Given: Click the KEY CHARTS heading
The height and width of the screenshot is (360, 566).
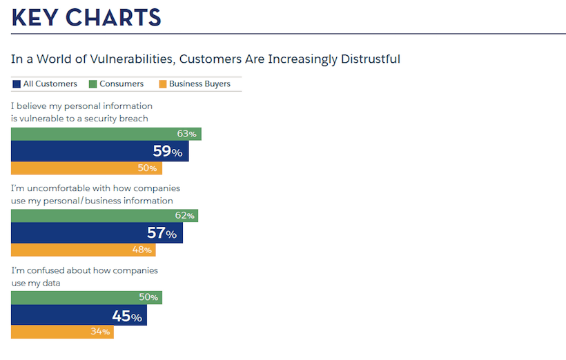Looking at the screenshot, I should pyautogui.click(x=86, y=17).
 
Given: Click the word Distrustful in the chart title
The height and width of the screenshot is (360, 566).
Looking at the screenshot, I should pyautogui.click(x=370, y=59).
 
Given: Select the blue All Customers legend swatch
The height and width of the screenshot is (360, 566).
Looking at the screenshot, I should pyautogui.click(x=17, y=84).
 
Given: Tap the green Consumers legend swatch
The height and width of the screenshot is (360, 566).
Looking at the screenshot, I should pyautogui.click(x=92, y=84).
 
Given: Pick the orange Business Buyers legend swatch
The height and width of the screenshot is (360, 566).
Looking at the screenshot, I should pyautogui.click(x=163, y=84).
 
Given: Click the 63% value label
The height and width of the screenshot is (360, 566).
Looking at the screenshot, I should pyautogui.click(x=186, y=134).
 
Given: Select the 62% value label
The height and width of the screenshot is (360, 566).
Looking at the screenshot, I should pyautogui.click(x=184, y=216).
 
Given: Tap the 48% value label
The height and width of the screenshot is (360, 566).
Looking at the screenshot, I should pyautogui.click(x=141, y=250).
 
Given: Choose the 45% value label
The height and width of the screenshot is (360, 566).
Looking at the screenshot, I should pyautogui.click(x=126, y=317).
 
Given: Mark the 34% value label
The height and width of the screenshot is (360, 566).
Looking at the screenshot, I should pyautogui.click(x=100, y=332).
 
